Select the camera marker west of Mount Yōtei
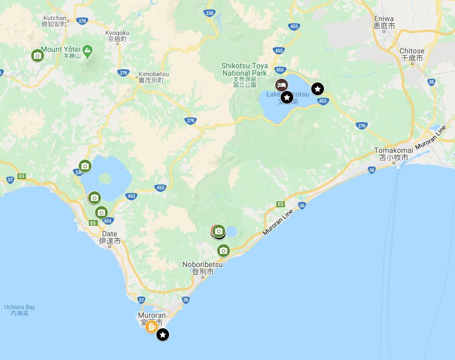click(37, 55)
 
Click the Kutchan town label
click(54, 21)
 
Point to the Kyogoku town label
click(118, 35)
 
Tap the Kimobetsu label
click(151, 77)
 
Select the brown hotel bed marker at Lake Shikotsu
click(282, 85)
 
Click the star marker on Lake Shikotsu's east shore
click(317, 89)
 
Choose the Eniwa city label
click(384, 22)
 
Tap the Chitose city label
click(412, 54)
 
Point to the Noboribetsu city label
click(202, 267)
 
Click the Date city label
click(109, 237)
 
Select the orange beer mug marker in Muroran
click(151, 327)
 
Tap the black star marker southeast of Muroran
click(163, 335)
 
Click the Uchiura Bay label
click(19, 310)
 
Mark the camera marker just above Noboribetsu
click(224, 251)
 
